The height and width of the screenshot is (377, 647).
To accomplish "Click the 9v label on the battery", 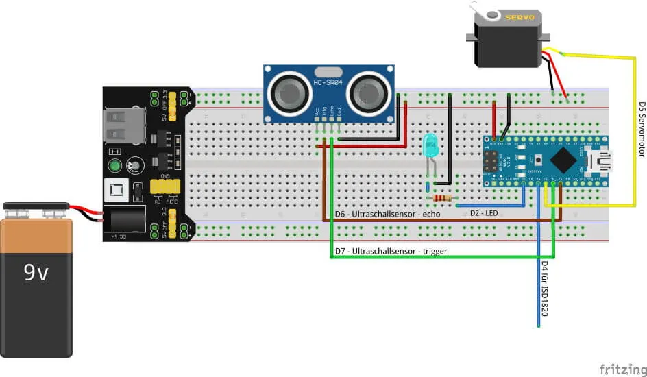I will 36,273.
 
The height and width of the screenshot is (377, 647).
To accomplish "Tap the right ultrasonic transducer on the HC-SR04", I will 369,93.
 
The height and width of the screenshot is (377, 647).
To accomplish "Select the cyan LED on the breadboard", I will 430,146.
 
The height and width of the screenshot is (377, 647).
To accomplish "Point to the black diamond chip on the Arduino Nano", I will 563,161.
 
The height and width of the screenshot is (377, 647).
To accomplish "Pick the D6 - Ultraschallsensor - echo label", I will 387,214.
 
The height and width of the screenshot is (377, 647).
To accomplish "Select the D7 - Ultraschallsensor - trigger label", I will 391,252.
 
